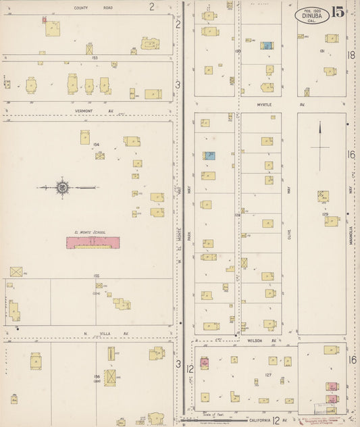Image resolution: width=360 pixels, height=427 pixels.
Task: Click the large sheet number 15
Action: point(338,13)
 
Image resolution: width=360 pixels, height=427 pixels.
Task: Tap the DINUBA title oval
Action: point(312,15)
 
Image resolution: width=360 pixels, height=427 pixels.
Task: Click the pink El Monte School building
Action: point(93,242)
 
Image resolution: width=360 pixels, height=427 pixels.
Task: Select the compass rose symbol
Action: point(62,187)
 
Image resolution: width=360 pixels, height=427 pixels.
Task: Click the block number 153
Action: point(95,57)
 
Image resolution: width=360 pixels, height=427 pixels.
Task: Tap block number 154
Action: point(97,144)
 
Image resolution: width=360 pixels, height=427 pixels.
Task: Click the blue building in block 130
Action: point(267,46)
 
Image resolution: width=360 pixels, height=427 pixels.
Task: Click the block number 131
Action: point(323,51)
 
